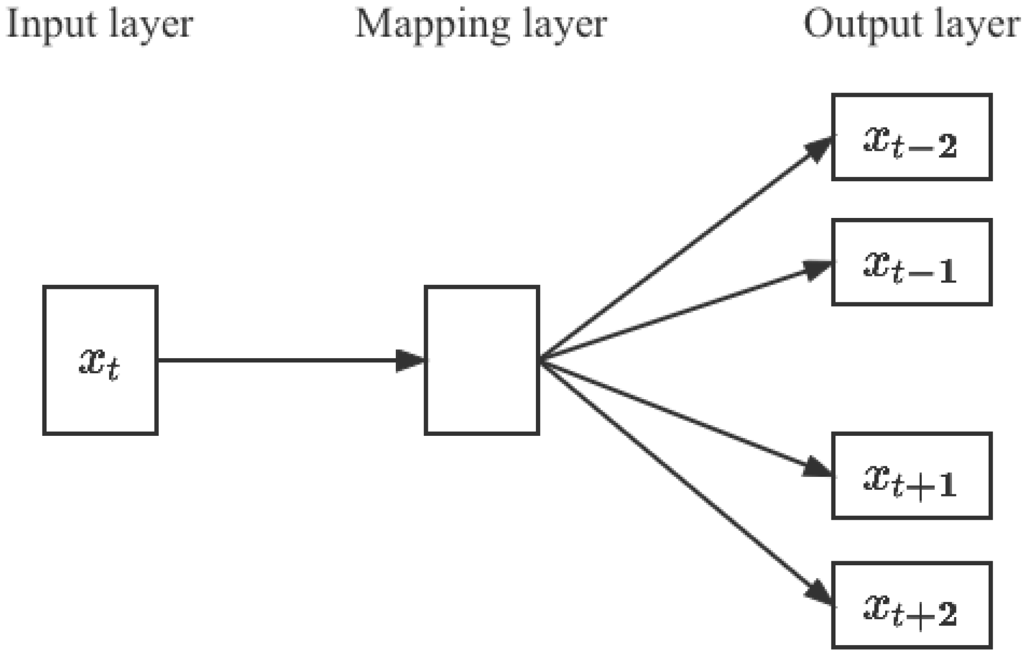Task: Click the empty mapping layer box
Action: [481, 360]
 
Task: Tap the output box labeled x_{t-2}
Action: [911, 137]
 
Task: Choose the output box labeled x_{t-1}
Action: [911, 262]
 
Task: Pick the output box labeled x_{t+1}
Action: [911, 476]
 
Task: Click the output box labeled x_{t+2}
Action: [911, 605]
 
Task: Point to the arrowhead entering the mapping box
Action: [410, 360]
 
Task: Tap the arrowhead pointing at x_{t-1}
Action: [817, 269]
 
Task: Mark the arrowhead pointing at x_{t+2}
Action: [819, 592]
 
